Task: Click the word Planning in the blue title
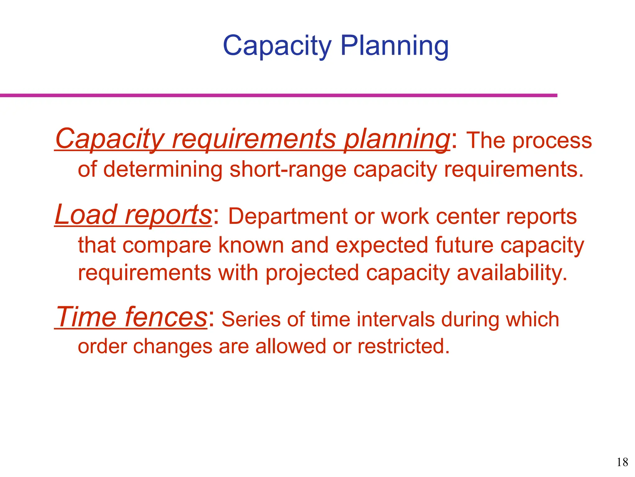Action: click(x=394, y=46)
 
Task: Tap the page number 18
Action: click(x=622, y=462)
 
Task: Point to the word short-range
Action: click(x=288, y=170)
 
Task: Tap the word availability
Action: click(x=512, y=273)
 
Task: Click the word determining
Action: click(x=162, y=170)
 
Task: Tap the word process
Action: click(x=552, y=141)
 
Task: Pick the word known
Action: click(x=251, y=245)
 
